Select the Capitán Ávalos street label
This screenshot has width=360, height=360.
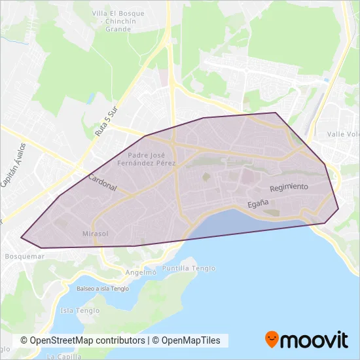[13, 165]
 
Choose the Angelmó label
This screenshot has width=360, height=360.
[141, 271]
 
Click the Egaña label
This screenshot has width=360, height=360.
[259, 204]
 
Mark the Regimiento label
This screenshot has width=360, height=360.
[289, 187]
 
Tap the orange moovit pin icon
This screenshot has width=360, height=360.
[272, 340]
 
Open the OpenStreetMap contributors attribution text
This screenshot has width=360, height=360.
[82, 341]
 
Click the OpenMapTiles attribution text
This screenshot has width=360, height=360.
[187, 341]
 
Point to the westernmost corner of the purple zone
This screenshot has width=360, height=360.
[21, 238]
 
